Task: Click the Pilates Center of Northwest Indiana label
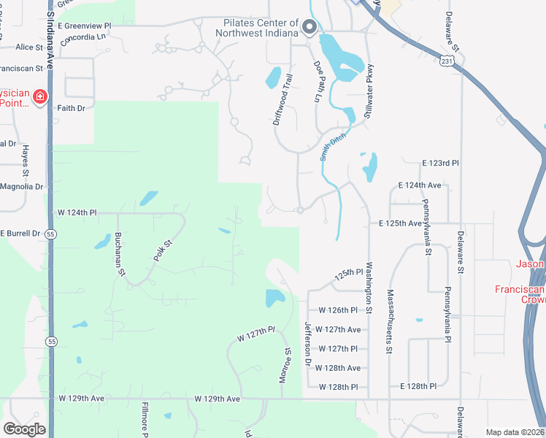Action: [x=261, y=27]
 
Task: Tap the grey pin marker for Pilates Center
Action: [x=309, y=28]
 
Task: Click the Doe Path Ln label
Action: [x=318, y=81]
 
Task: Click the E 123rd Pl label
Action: [x=440, y=164]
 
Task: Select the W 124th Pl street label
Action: [x=77, y=213]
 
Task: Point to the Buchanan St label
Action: [x=118, y=255]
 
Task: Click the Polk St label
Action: [x=162, y=250]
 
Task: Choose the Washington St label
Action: [x=369, y=289]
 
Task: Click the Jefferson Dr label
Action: [x=308, y=345]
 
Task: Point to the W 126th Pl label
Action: [x=339, y=310]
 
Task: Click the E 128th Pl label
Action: [x=418, y=386]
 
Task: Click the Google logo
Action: [x=25, y=429]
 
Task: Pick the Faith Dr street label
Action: [x=72, y=108]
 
